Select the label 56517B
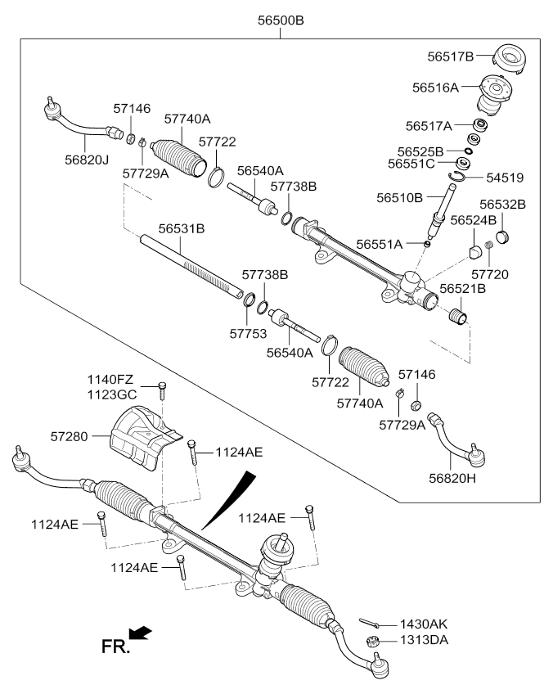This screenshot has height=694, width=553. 451,56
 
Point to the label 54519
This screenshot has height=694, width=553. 506,178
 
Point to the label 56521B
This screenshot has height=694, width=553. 462,289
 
